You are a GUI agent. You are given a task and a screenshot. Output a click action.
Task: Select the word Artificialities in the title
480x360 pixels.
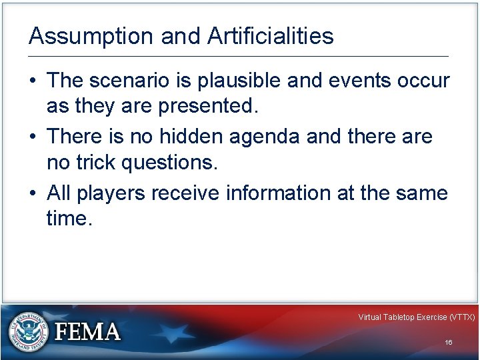point(270,36)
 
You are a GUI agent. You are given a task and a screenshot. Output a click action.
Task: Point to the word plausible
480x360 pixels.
point(246,81)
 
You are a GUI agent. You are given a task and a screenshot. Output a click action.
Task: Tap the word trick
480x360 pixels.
point(95,162)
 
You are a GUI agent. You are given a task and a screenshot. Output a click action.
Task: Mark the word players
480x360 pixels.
point(111,194)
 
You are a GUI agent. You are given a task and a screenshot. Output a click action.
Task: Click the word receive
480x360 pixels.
point(187,193)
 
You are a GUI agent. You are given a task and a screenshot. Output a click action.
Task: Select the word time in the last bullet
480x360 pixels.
point(67,219)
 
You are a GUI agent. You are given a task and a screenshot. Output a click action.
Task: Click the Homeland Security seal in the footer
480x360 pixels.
point(29,331)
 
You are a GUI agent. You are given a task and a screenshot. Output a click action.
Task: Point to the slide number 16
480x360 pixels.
point(449,343)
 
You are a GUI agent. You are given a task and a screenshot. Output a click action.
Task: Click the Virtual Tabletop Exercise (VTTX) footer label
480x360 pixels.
point(416,317)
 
